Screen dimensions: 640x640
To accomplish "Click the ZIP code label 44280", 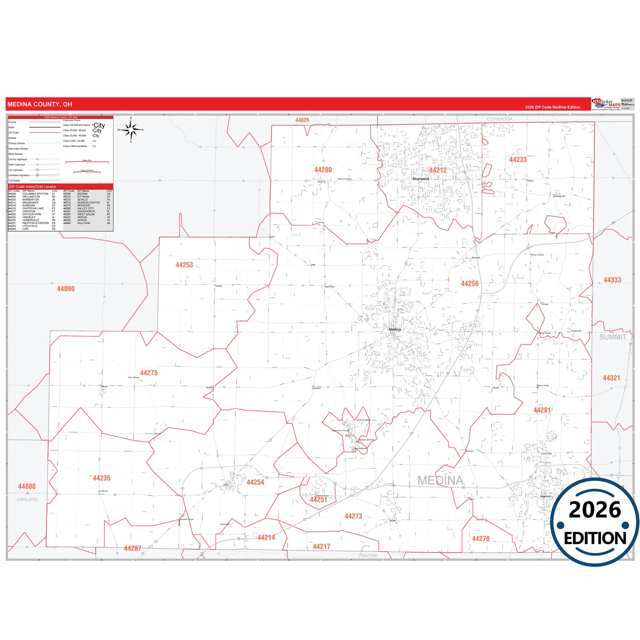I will tap(323, 170).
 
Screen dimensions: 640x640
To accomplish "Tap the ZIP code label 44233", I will tap(518, 160).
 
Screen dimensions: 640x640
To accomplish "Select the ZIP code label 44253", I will tap(184, 265).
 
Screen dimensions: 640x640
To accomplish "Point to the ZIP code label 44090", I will tap(66, 289).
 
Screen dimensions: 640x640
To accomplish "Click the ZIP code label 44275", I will tap(149, 373).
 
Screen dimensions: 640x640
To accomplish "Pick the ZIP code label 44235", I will tap(101, 478).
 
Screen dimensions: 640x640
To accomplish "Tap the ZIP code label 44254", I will tap(255, 482).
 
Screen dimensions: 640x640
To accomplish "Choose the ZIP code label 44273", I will tap(353, 516).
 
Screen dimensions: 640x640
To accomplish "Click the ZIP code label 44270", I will tap(481, 539).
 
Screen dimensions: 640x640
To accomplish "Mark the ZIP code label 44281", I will tap(542, 411).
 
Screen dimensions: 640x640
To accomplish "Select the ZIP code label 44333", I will tap(612, 280).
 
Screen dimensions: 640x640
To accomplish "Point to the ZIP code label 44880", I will tap(27, 486).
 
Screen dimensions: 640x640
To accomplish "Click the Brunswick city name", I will tap(421, 179).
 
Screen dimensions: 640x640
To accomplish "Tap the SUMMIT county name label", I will tap(613, 337).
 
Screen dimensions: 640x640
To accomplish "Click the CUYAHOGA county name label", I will tap(500, 119).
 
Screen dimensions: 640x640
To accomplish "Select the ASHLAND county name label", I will tap(27, 500).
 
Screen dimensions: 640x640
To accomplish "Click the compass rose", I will tap(131, 130).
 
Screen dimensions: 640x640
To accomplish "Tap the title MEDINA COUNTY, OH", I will tap(39, 105).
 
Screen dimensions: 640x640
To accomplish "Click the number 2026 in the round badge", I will tap(595, 510).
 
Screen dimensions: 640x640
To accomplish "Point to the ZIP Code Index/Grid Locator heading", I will tap(32, 187).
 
